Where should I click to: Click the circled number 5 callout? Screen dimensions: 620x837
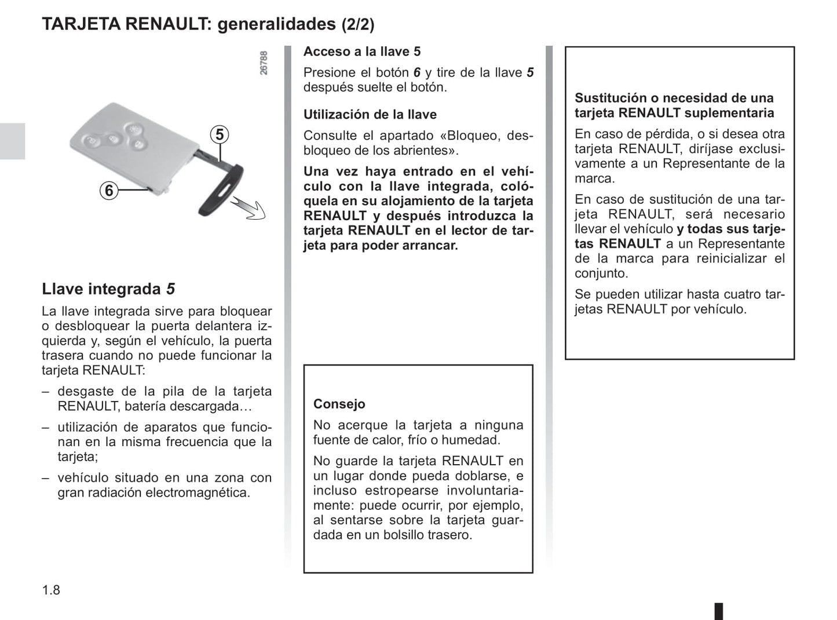[220, 135]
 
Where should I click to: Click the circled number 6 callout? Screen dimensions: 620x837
[109, 190]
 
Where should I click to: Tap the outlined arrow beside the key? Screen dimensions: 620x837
[248, 208]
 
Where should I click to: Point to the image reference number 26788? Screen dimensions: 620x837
[264, 63]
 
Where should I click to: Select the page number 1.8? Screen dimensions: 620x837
[51, 590]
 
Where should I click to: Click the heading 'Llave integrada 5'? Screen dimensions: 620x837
[108, 289]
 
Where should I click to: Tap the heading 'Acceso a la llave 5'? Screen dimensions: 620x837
[362, 52]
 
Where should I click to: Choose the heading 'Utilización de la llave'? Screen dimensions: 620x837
[370, 114]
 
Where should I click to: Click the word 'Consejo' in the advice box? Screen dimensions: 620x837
[339, 404]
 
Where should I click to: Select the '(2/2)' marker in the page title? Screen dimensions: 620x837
[357, 24]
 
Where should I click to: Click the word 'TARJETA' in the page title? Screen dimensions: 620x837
[81, 24]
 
